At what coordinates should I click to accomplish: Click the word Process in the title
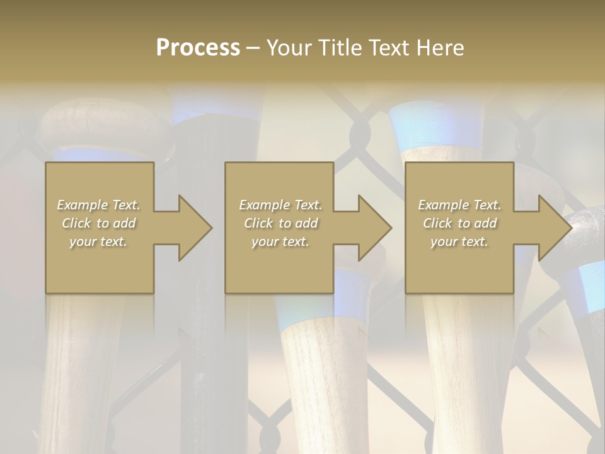tap(198, 48)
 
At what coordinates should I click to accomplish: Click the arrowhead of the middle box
tap(374, 228)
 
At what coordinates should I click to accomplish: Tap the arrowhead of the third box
tap(554, 228)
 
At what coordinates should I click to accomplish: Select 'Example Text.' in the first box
tap(99, 205)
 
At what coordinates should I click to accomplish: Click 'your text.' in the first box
tap(99, 242)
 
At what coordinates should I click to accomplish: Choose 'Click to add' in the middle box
tap(280, 223)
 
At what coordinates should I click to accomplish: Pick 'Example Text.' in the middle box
tap(280, 205)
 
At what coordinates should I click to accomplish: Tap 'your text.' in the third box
tap(459, 242)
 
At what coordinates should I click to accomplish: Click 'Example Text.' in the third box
tap(459, 205)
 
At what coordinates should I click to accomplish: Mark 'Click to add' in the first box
tap(99, 223)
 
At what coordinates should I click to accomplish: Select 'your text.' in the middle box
tap(280, 242)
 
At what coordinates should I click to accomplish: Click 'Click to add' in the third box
tap(459, 223)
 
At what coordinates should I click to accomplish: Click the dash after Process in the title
tap(253, 48)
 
